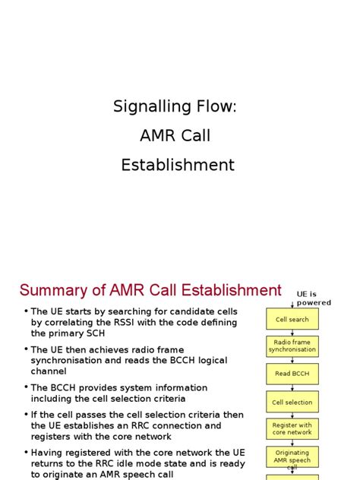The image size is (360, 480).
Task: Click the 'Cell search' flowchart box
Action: (292, 319)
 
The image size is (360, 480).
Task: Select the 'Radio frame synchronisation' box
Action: (292, 346)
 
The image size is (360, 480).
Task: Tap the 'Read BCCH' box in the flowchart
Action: (292, 374)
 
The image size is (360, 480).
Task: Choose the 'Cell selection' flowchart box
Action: (292, 402)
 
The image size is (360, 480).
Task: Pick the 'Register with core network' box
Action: (292, 429)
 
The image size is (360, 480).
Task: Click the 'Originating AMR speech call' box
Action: (292, 456)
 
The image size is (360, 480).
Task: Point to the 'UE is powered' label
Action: (314, 298)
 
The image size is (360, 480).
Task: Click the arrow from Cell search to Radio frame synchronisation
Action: (292, 332)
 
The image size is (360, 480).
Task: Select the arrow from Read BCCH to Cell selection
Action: (292, 387)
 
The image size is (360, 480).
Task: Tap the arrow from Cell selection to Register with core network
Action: (292, 415)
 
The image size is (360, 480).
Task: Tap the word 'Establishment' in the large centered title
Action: (178, 165)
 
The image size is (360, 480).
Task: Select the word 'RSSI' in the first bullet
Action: (129, 322)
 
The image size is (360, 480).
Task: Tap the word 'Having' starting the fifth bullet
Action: (47, 453)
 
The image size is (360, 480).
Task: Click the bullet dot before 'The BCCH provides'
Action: (25, 387)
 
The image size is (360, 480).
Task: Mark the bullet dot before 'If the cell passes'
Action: (25, 415)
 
